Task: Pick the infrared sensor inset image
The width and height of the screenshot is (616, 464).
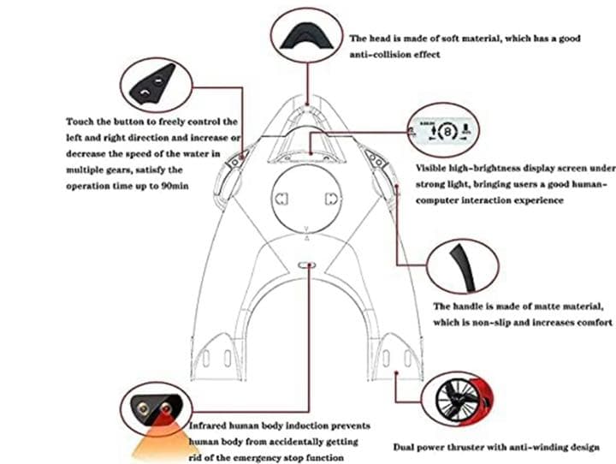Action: pyautogui.click(x=156, y=409)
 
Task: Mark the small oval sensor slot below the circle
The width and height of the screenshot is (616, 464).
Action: pyautogui.click(x=306, y=265)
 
